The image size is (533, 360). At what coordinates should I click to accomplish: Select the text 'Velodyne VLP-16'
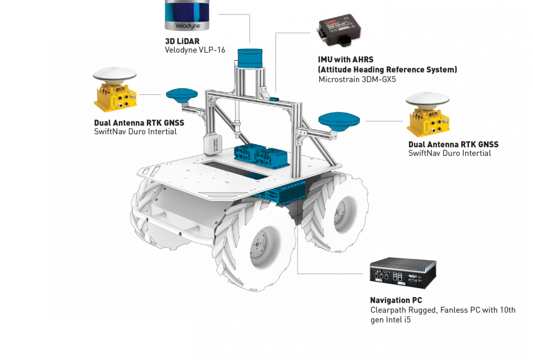(x=195, y=50)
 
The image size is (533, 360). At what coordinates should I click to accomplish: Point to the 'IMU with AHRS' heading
(x=346, y=60)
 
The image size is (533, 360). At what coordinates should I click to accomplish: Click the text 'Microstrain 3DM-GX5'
(x=357, y=79)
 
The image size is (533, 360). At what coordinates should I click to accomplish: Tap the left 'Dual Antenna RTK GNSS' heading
(x=139, y=123)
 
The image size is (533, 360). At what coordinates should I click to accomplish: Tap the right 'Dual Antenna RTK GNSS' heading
(x=453, y=145)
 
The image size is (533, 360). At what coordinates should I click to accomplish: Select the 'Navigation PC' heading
(x=396, y=300)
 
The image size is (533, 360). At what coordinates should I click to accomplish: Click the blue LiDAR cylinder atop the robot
(x=250, y=58)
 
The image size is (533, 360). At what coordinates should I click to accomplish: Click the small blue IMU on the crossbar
(x=274, y=99)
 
